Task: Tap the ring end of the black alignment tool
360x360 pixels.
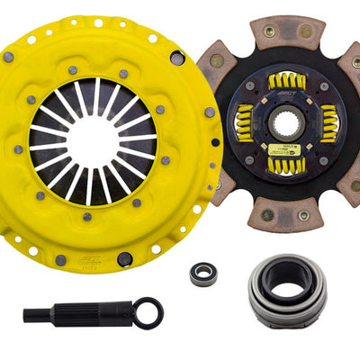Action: pyautogui.click(x=148, y=312)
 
